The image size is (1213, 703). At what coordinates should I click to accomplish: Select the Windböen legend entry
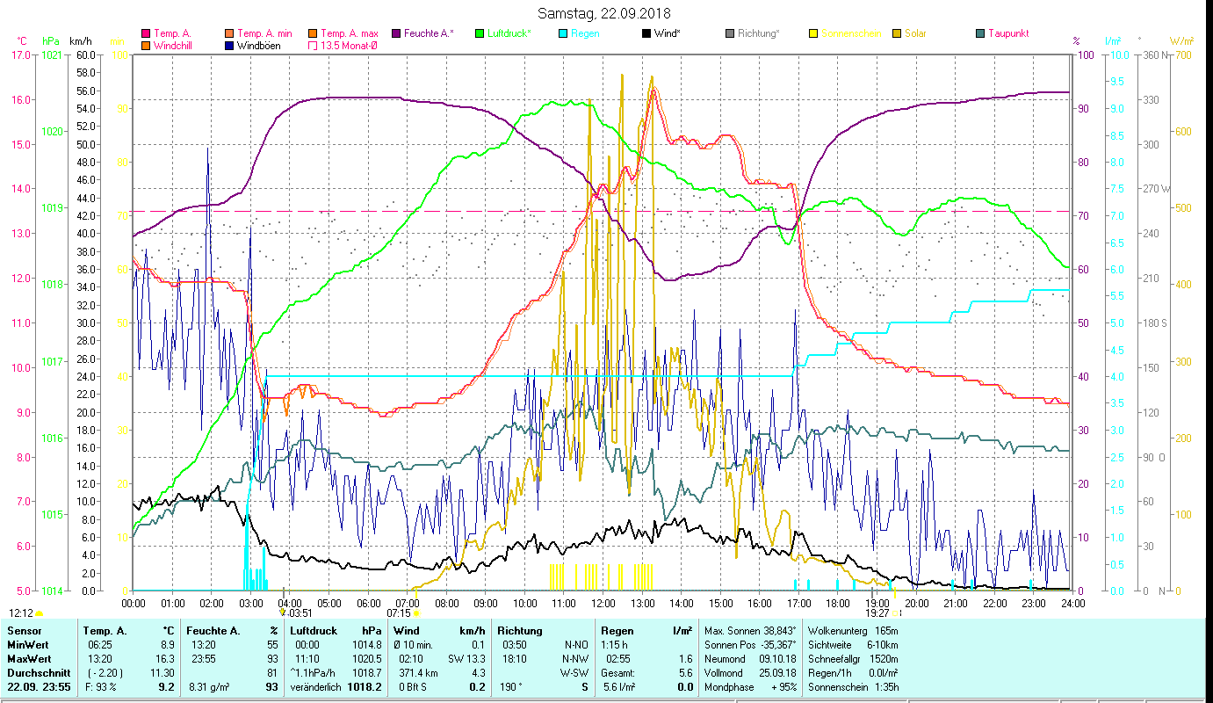(x=258, y=46)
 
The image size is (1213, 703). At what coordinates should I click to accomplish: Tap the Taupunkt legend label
(x=1007, y=33)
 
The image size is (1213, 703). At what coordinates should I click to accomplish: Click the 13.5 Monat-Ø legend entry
(x=351, y=46)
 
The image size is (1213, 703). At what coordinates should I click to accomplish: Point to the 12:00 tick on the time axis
(x=603, y=604)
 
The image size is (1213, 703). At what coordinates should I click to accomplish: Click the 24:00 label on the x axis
(x=1072, y=604)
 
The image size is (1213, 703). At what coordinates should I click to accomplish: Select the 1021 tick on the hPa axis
(x=52, y=54)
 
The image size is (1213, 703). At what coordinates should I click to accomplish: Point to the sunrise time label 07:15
(x=399, y=613)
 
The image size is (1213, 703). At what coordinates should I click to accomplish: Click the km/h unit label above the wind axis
(x=80, y=40)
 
